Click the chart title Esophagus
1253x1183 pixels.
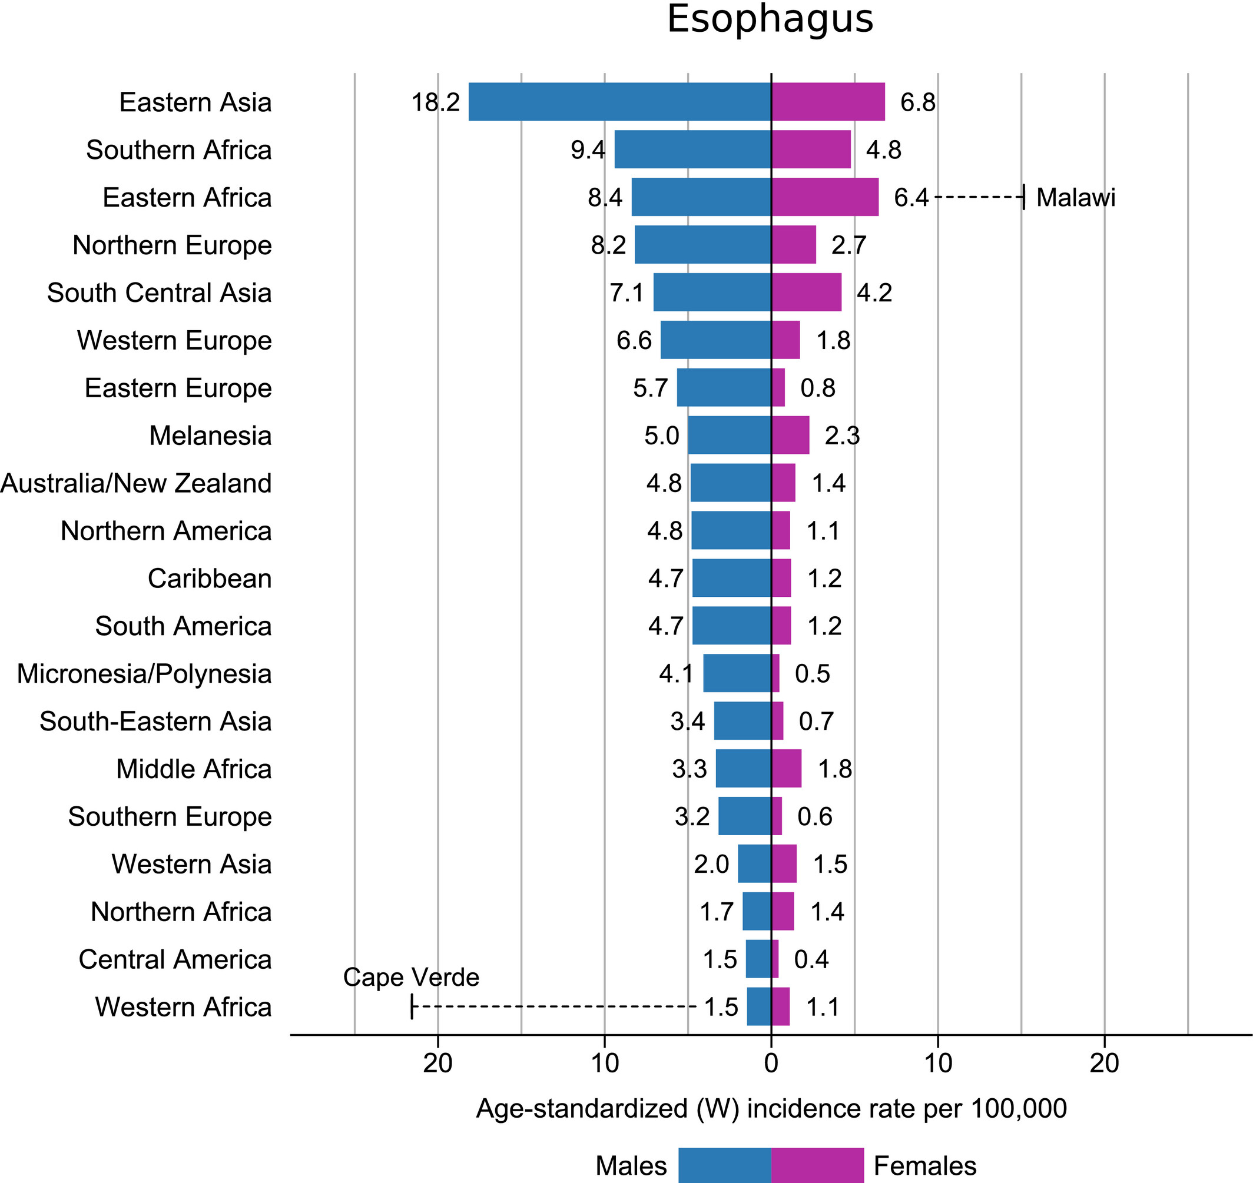pyautogui.click(x=770, y=19)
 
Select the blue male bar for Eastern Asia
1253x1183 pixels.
pyautogui.click(x=619, y=101)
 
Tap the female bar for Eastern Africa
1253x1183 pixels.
pyautogui.click(x=824, y=197)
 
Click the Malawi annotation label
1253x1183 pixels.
pyautogui.click(x=1076, y=197)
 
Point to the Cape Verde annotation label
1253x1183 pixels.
pyautogui.click(x=411, y=977)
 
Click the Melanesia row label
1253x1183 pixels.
pyautogui.click(x=210, y=435)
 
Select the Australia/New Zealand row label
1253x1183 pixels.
pyautogui.click(x=136, y=483)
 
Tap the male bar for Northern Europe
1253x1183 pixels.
pyautogui.click(x=703, y=244)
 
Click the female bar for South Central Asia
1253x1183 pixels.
pyautogui.click(x=806, y=292)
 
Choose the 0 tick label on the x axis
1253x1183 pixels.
pyautogui.click(x=771, y=1063)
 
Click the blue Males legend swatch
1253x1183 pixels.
pyautogui.click(x=724, y=1165)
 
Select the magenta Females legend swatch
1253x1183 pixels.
pyautogui.click(x=817, y=1165)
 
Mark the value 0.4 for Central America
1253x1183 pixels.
pyautogui.click(x=811, y=959)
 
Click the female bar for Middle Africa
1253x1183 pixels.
pyautogui.click(x=786, y=768)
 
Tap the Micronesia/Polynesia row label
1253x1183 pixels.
pyautogui.click(x=144, y=673)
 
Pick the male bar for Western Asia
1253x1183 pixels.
pyautogui.click(x=755, y=863)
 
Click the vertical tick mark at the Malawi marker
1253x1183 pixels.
pyautogui.click(x=1023, y=197)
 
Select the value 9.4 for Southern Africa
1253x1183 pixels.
pyautogui.click(x=588, y=150)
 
